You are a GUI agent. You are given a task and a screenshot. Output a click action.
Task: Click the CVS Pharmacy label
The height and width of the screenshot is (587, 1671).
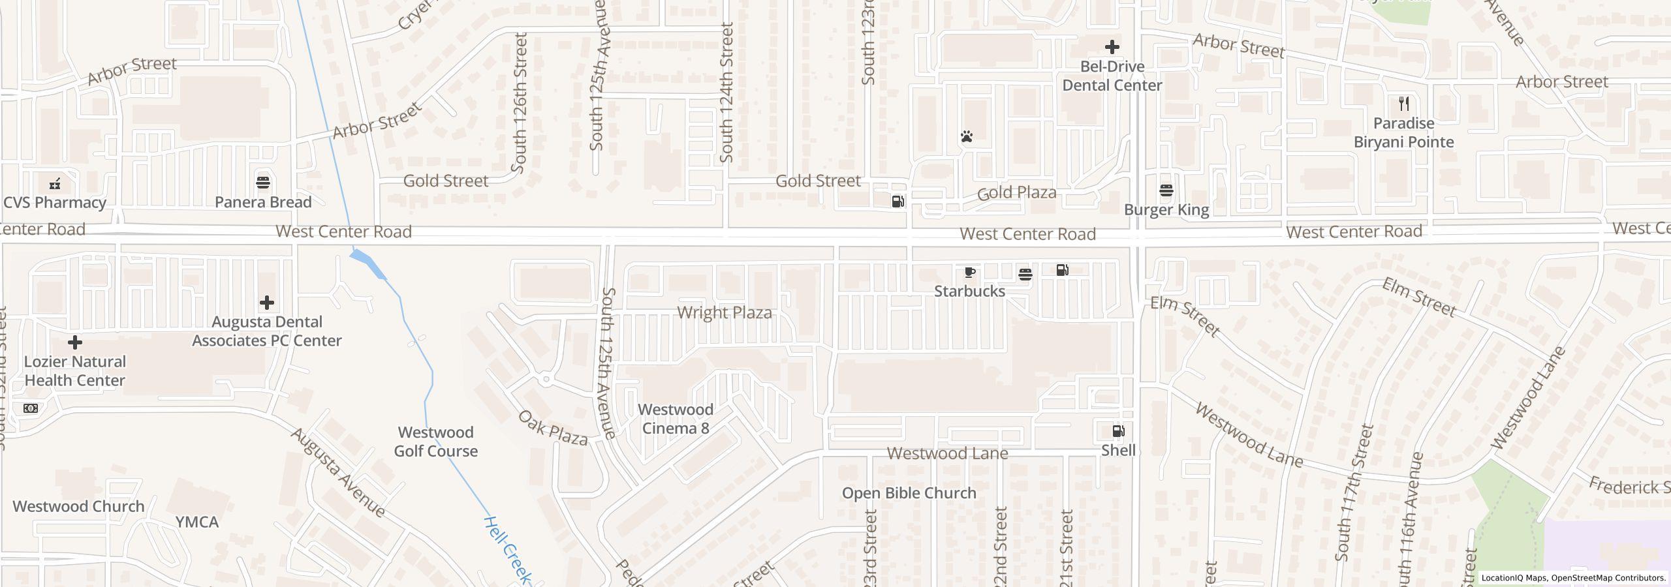(55, 202)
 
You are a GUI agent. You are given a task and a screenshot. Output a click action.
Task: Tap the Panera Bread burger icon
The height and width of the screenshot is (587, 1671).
(263, 182)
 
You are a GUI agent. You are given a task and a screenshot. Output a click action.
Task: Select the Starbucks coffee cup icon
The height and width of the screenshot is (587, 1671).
(970, 272)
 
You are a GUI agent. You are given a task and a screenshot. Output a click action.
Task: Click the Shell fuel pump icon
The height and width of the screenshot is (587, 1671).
(1118, 431)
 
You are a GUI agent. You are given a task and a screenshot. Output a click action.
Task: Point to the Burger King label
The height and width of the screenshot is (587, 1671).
(1166, 209)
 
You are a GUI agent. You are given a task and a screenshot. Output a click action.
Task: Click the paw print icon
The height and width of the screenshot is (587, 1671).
(967, 136)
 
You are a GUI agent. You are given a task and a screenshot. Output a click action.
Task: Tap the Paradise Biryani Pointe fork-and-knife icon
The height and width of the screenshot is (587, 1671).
(1404, 104)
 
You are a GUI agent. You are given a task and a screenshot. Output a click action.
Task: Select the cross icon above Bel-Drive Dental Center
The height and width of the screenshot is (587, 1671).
(1112, 47)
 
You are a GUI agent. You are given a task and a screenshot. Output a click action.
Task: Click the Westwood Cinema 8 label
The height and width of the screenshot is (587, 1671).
(675, 419)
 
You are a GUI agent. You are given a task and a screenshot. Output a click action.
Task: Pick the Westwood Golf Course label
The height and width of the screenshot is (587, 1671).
(435, 442)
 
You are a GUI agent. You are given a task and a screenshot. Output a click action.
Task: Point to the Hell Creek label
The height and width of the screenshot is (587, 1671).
(508, 550)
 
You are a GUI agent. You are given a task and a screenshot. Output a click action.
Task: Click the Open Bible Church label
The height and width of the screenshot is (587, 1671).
(909, 493)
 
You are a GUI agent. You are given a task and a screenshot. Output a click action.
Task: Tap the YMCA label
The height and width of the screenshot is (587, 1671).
(196, 522)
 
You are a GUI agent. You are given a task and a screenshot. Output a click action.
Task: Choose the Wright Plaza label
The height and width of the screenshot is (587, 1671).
(724, 312)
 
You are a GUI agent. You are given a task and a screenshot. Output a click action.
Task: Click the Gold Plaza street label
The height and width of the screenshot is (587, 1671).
(1016, 192)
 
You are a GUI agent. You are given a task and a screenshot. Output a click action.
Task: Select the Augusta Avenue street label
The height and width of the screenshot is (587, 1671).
(337, 472)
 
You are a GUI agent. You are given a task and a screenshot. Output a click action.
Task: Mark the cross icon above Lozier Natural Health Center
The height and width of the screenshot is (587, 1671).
(75, 342)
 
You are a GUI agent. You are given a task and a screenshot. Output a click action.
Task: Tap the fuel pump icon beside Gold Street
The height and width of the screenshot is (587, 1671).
(898, 202)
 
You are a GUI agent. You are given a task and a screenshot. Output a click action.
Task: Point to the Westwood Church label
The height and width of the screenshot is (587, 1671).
(78, 506)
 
